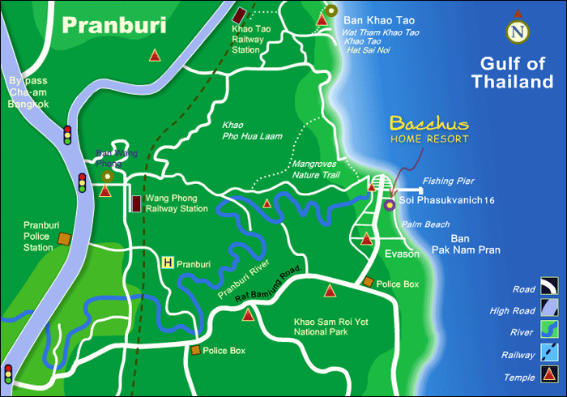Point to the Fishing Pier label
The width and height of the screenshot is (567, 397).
[x=447, y=181]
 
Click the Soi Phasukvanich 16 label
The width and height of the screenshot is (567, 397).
[x=447, y=200]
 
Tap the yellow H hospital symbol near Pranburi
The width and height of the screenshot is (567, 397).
[x=168, y=263]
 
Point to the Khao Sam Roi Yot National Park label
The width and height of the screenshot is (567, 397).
[x=330, y=327]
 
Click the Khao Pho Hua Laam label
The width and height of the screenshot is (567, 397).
[x=251, y=131]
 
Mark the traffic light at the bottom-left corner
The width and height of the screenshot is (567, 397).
[x=8, y=374]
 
